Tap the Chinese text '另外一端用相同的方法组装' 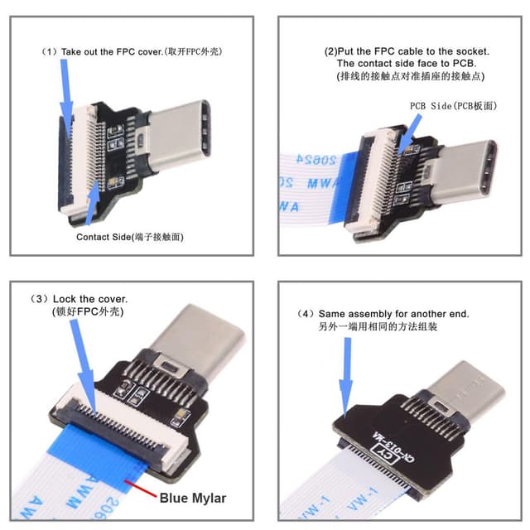(x=377, y=327)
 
